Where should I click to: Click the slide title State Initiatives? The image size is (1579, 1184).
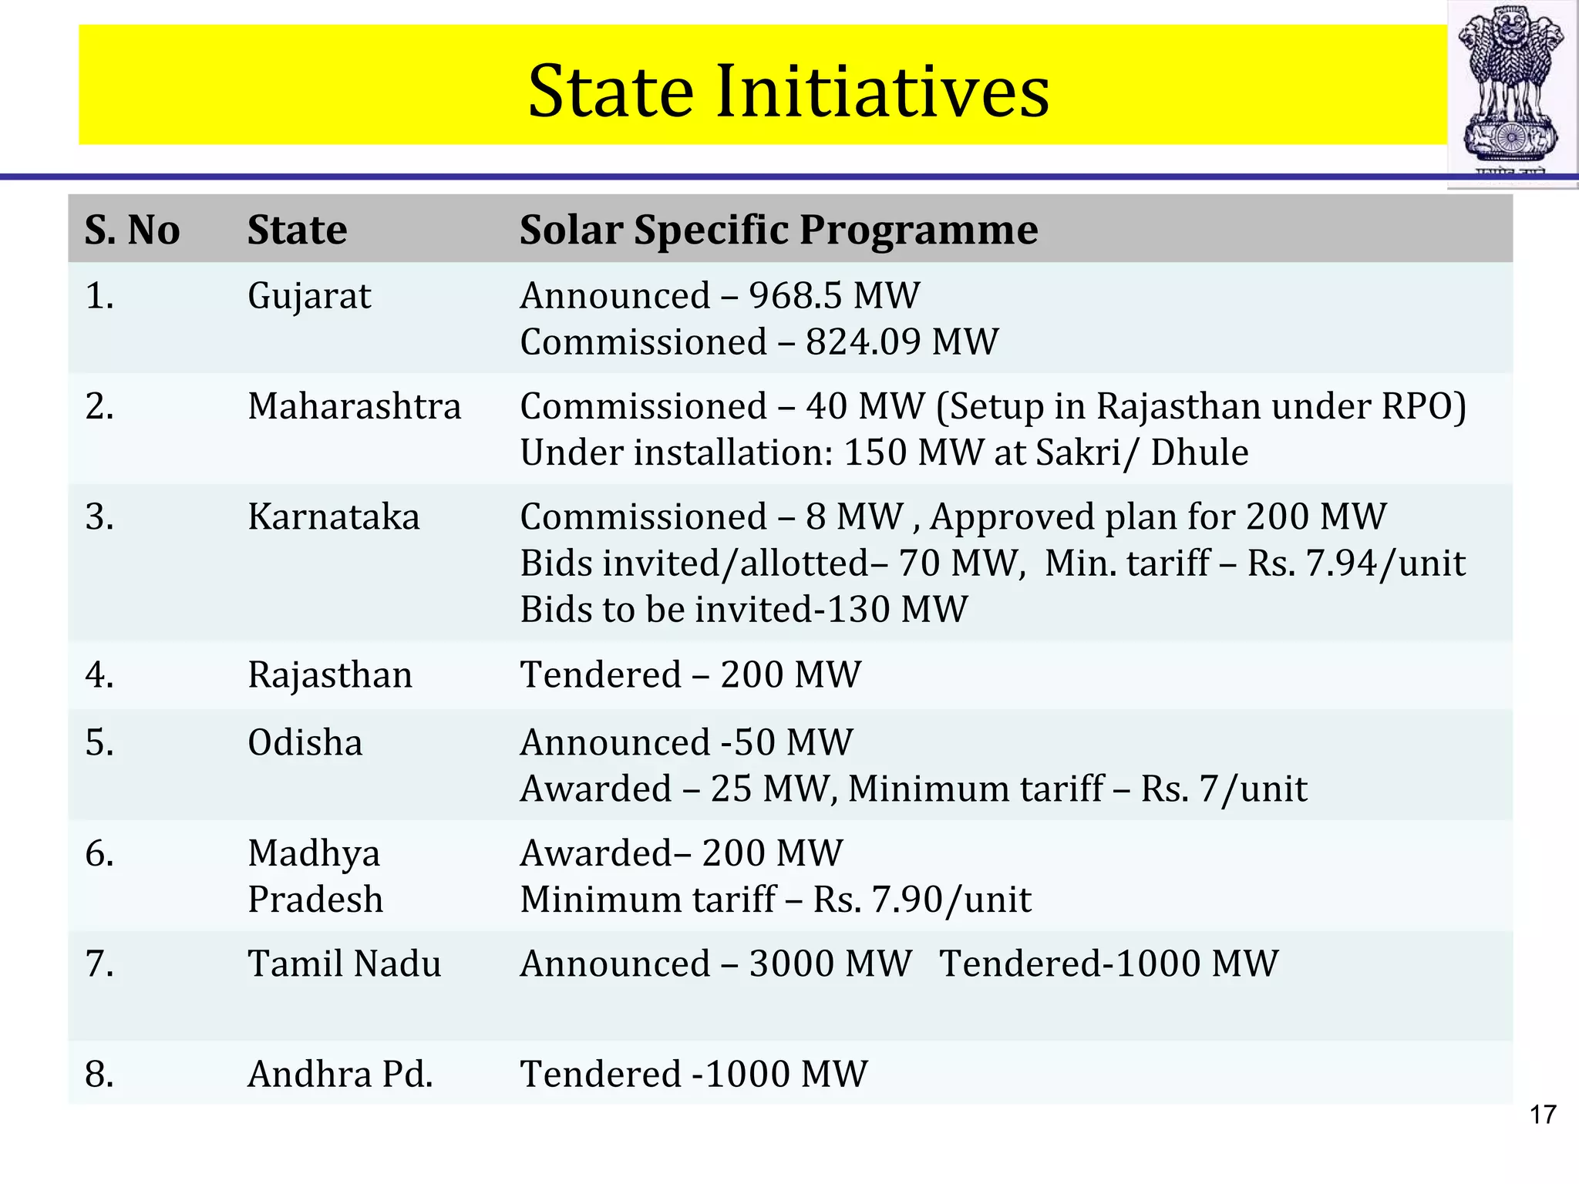pos(788,91)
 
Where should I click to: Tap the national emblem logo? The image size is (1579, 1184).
pos(1512,92)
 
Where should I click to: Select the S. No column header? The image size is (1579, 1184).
pos(132,230)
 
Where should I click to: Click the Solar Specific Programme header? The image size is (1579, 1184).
pos(779,230)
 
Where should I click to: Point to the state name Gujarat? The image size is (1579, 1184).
pos(309,296)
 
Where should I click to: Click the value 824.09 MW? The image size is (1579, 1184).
pos(902,342)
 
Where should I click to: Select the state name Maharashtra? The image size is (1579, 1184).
pos(354,406)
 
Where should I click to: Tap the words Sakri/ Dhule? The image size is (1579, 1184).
pos(1142,452)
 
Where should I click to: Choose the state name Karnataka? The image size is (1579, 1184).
pos(333,517)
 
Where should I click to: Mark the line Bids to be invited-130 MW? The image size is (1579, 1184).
pos(743,610)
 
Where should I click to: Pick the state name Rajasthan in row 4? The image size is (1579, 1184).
pos(330,675)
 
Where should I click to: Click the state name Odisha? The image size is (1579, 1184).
pos(305,743)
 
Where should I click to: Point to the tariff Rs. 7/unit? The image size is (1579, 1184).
pos(1224,789)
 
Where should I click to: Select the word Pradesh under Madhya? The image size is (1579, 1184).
pos(315,900)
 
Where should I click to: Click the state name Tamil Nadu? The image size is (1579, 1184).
pos(344,964)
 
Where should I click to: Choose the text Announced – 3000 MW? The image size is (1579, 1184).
pos(715,964)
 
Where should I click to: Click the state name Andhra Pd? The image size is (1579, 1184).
pos(340,1075)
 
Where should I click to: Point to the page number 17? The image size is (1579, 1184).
pos(1543,1115)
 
